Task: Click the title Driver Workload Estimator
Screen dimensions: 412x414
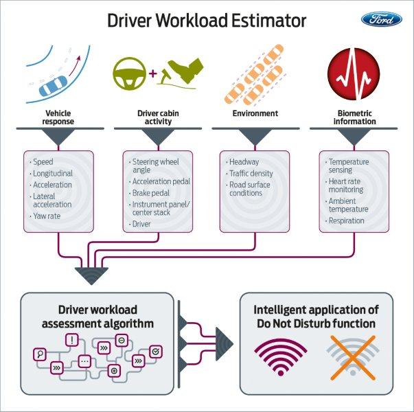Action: [x=207, y=21]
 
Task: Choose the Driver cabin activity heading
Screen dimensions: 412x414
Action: [x=158, y=117]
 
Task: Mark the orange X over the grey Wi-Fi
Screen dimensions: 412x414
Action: [x=351, y=358]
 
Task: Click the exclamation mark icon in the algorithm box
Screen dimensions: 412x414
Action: [x=72, y=339]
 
